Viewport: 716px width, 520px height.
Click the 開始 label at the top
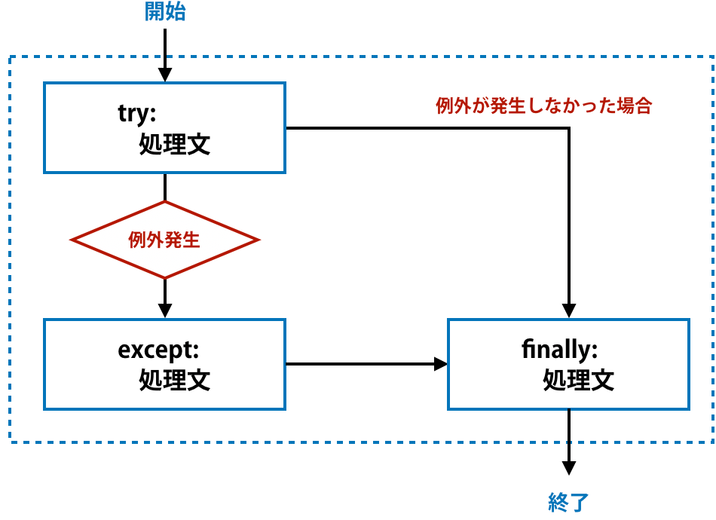point(165,13)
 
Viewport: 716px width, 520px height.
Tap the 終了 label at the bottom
point(568,502)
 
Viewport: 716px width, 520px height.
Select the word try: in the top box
point(136,113)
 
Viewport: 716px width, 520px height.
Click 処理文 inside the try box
point(175,145)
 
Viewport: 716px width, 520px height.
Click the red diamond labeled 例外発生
point(165,240)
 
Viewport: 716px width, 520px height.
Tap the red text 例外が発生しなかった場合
point(543,106)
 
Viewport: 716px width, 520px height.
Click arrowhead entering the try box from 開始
point(165,75)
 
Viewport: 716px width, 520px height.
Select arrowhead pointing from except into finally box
point(440,365)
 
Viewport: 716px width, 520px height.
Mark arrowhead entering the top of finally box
point(570,310)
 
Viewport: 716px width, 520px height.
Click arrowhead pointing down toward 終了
point(570,468)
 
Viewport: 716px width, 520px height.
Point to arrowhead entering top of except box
point(165,310)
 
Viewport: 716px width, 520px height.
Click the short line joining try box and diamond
point(165,187)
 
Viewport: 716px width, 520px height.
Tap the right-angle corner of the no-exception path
point(570,128)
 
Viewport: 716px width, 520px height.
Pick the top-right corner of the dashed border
point(711,57)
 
